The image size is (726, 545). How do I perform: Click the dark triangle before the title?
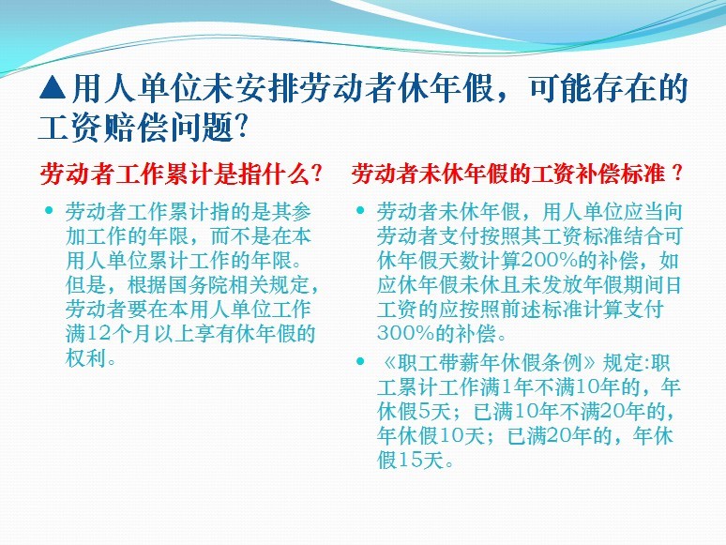53,88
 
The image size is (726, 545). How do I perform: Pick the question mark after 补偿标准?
676,174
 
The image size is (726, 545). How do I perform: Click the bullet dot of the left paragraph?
49,211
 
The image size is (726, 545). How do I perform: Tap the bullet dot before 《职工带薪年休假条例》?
360,361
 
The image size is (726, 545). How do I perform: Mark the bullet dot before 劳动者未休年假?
360,211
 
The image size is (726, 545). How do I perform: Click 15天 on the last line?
421,460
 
